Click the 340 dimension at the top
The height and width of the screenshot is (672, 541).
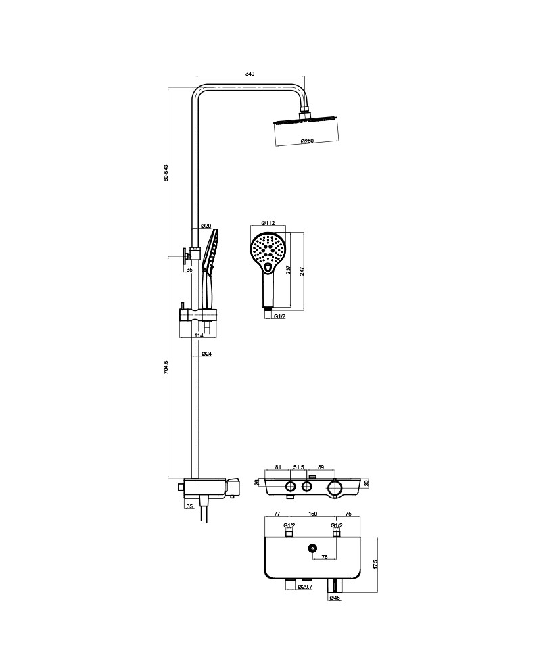tap(250, 73)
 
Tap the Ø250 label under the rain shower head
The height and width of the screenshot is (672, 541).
tap(307, 141)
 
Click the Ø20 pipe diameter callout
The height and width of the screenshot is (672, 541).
tap(206, 226)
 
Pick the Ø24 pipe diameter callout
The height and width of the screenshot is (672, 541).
tap(206, 354)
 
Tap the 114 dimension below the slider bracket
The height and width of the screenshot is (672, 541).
tap(199, 335)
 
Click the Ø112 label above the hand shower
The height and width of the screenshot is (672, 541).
tap(268, 223)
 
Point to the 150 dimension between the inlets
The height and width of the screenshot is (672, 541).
tap(312, 514)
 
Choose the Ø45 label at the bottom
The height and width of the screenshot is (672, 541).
tap(335, 598)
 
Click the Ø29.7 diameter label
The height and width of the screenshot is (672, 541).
tap(305, 587)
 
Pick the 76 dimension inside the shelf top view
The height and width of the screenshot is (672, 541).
tap(325, 557)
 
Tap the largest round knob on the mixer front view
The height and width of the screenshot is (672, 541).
tap(335, 487)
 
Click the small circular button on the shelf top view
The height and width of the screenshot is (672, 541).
tap(313, 548)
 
